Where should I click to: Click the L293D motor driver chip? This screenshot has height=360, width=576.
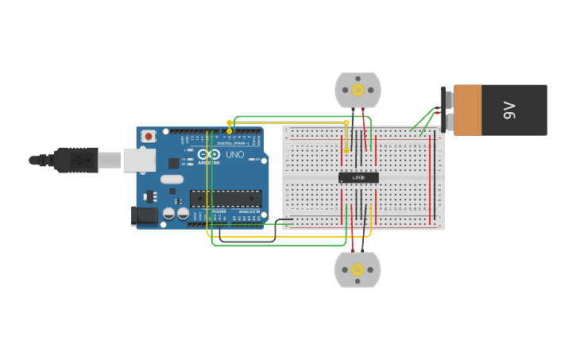click(x=358, y=177)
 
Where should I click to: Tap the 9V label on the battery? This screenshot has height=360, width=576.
click(x=510, y=110)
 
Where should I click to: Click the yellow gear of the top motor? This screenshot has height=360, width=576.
click(x=358, y=90)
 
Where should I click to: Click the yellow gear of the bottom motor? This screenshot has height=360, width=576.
click(x=358, y=269)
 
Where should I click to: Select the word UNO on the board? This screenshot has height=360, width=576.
click(x=235, y=154)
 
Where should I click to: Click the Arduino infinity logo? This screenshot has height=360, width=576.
click(x=209, y=154)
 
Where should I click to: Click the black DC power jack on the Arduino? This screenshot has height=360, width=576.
click(x=145, y=215)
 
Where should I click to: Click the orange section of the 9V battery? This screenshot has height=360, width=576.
click(x=468, y=110)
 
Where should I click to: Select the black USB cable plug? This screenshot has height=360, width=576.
click(x=76, y=160)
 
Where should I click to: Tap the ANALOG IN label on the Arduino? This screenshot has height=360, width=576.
click(x=249, y=211)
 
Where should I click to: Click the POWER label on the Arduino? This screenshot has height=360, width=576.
click(x=219, y=211)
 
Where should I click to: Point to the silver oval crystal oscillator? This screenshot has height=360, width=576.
click(x=171, y=180)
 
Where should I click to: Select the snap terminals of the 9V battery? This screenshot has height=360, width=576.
click(x=448, y=110)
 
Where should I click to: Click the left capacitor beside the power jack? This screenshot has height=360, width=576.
click(x=168, y=213)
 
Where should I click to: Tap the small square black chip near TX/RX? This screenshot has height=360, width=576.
click(x=173, y=163)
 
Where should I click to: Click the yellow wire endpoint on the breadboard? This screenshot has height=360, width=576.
click(x=346, y=150)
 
